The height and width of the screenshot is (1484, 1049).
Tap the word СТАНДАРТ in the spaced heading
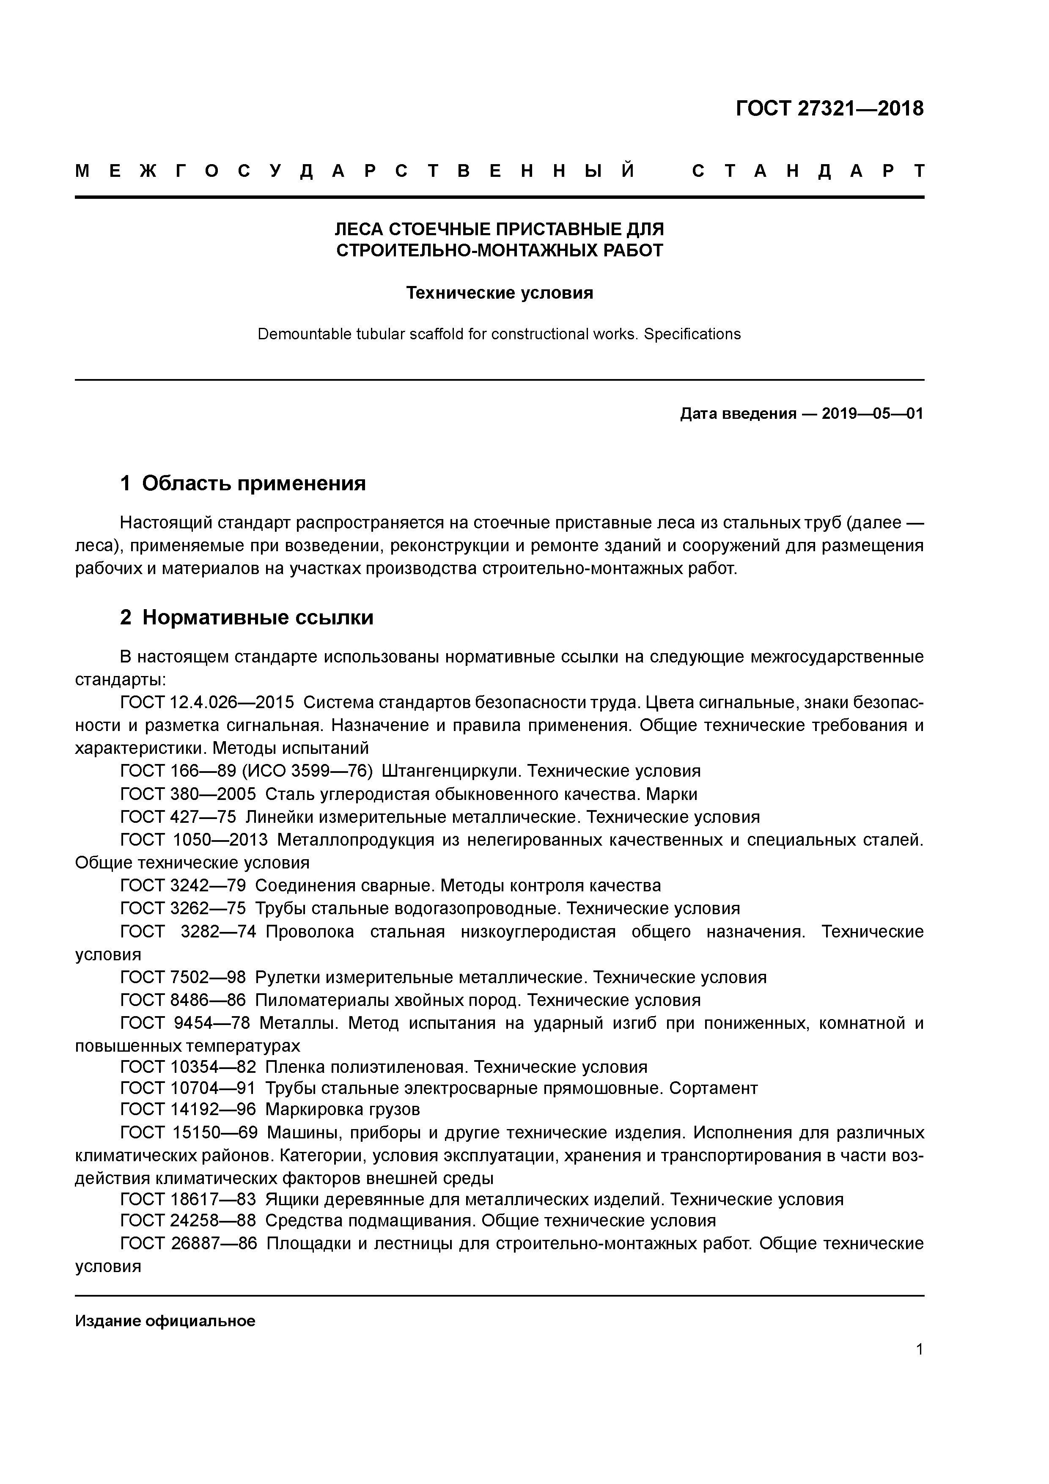(x=807, y=171)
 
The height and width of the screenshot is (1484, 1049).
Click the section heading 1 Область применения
(x=243, y=483)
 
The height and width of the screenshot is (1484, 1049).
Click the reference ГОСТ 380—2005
(x=188, y=794)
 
